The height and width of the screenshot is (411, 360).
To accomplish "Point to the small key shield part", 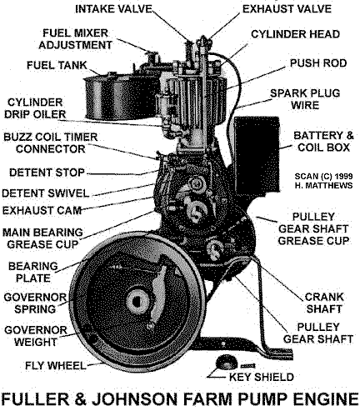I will (222, 360).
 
